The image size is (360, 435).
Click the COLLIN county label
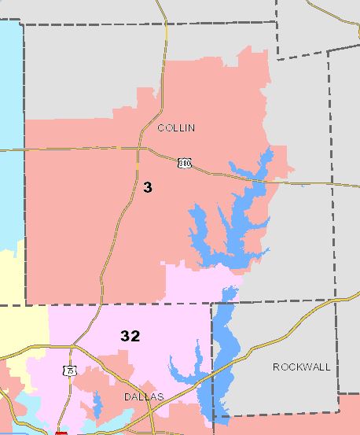click(176, 127)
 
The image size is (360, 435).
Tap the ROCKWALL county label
click(301, 367)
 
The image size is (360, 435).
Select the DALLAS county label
click(144, 397)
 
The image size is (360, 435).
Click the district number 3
click(148, 187)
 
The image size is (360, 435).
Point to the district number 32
click(130, 336)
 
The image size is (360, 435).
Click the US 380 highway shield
click(184, 164)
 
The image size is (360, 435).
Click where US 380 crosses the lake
click(258, 182)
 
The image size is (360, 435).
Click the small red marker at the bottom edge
click(61, 432)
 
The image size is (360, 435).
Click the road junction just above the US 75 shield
click(72, 347)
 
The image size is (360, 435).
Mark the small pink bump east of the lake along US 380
click(288, 169)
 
